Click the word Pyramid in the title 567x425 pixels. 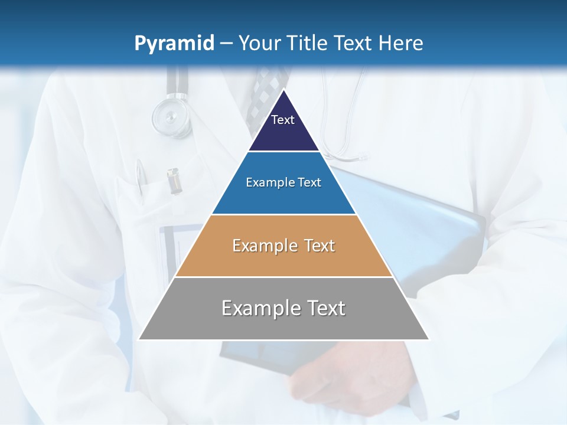click(174, 43)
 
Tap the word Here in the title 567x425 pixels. click(400, 43)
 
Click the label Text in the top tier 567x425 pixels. click(283, 120)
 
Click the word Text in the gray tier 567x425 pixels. click(325, 308)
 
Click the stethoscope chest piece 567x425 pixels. click(171, 116)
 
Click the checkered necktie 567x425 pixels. click(263, 94)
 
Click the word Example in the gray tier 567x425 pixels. click(260, 308)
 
